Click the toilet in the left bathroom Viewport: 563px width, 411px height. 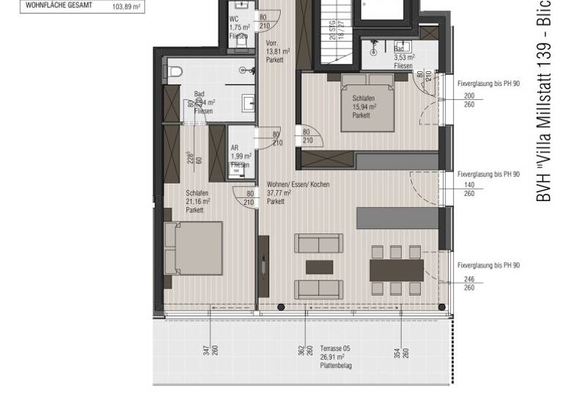pyautogui.click(x=174, y=73)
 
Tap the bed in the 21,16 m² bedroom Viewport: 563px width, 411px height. pyautogui.click(x=194, y=247)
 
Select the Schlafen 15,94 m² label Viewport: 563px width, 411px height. pyautogui.click(x=364, y=106)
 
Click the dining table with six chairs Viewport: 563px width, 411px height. pyautogui.click(x=396, y=270)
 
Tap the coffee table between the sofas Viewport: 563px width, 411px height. pyautogui.click(x=319, y=266)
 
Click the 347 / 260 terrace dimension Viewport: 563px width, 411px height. pyautogui.click(x=211, y=352)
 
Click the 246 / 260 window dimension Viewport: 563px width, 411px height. pyautogui.click(x=469, y=283)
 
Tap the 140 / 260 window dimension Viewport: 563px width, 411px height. pyautogui.click(x=469, y=189)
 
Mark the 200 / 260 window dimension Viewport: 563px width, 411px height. pyautogui.click(x=469, y=101)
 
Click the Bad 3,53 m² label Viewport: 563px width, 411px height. pyautogui.click(x=404, y=57)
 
